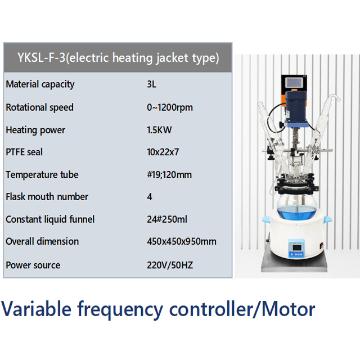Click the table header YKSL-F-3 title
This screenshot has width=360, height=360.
point(118,57)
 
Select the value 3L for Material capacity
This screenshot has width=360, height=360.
point(151,84)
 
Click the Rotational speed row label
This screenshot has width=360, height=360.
point(39,107)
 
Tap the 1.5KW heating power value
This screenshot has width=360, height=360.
point(159,130)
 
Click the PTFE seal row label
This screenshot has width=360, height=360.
point(24,152)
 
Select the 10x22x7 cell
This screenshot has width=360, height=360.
point(163,152)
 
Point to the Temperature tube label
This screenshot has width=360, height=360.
point(42,174)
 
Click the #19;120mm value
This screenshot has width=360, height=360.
point(169,174)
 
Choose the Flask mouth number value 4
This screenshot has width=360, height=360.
point(149,197)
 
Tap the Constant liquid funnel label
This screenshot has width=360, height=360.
point(50,219)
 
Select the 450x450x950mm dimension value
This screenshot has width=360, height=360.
point(181,241)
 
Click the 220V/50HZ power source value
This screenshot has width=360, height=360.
point(169,265)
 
